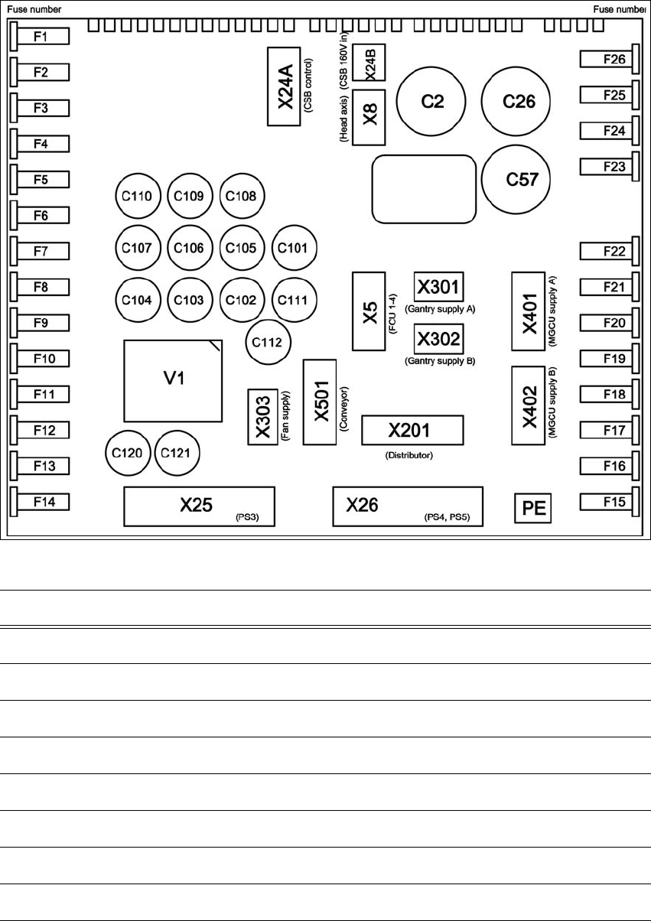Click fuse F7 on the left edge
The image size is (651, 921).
coord(43,251)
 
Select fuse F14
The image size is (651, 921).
coord(43,502)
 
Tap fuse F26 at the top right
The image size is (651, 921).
coord(607,59)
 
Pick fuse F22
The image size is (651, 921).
coord(607,251)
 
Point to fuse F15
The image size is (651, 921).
coord(607,502)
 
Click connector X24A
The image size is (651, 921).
coord(285,86)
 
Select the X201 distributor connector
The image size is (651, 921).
coord(413,431)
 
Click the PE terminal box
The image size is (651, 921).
coord(532,508)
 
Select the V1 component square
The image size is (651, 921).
coord(174,379)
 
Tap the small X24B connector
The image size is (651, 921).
coord(371,63)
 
